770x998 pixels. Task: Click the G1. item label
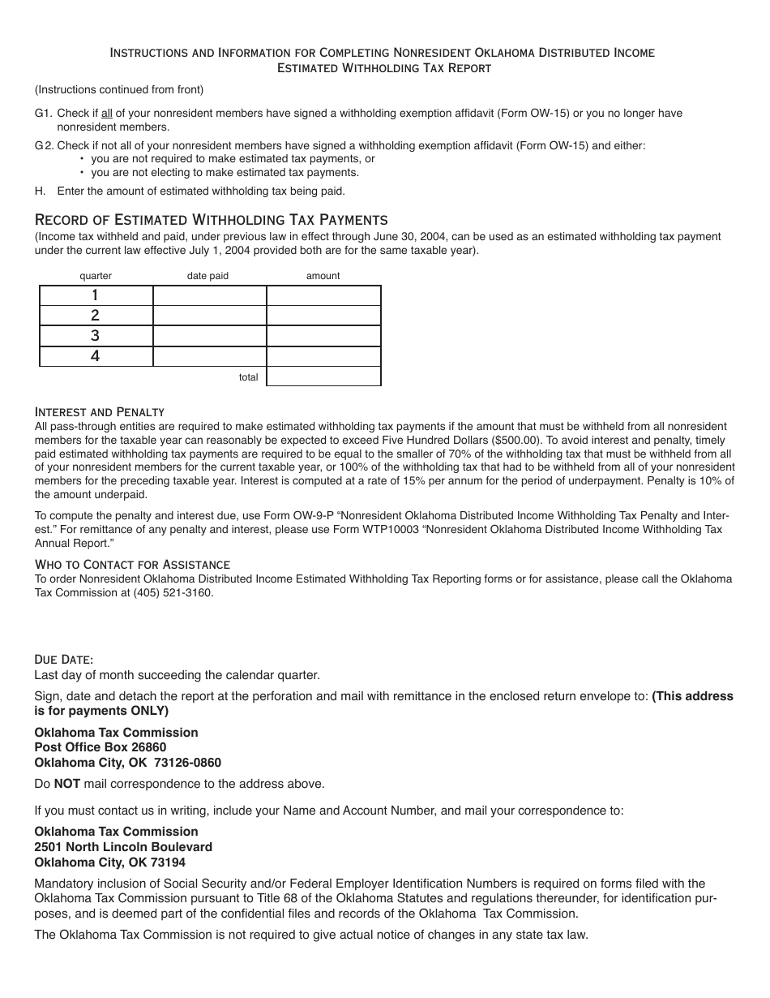[x=43, y=114]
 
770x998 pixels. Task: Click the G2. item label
[x=44, y=146]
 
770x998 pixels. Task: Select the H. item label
[x=40, y=191]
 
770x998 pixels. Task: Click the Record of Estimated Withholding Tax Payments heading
[x=211, y=220]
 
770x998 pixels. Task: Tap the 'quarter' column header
[x=96, y=276]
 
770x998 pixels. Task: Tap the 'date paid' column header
[x=208, y=276]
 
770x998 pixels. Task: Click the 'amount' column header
[x=323, y=276]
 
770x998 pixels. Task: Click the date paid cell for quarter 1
[x=209, y=295]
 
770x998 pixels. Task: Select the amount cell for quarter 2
[x=323, y=316]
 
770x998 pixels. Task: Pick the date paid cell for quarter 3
[x=209, y=336]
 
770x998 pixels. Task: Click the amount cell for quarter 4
[x=323, y=356]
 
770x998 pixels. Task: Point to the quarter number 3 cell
[x=96, y=336]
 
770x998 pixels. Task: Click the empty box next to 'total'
[x=323, y=376]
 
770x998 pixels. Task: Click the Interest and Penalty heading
[x=100, y=412]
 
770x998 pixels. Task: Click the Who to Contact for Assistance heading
[x=132, y=565]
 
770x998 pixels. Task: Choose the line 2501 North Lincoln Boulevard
[x=123, y=847]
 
